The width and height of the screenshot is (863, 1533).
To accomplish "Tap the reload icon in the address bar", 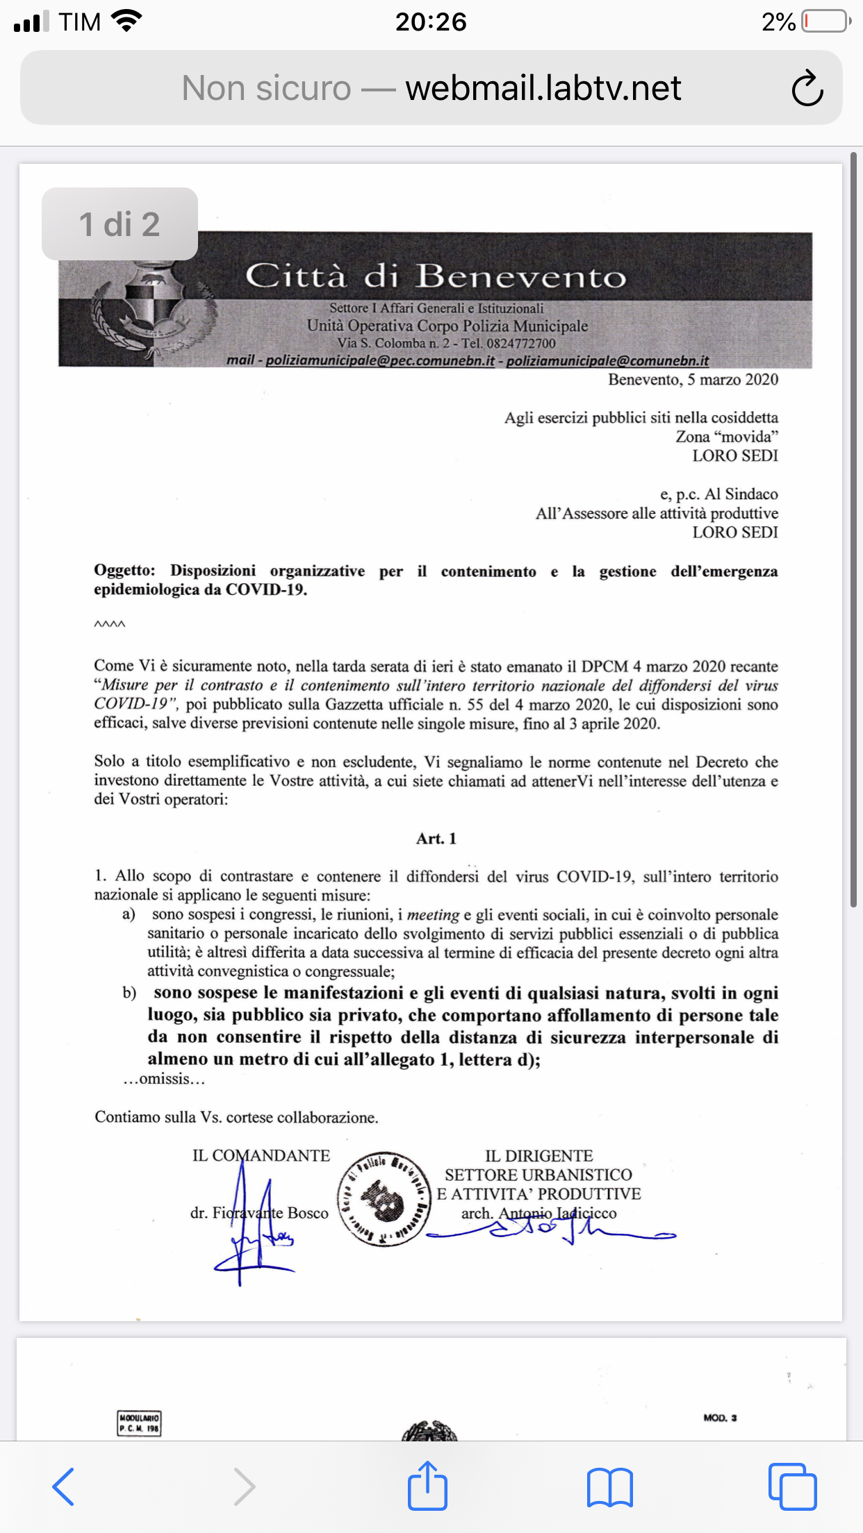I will tap(807, 88).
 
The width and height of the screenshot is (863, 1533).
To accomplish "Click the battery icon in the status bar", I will tap(825, 22).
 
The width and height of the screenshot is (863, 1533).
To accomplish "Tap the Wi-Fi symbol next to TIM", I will tap(126, 22).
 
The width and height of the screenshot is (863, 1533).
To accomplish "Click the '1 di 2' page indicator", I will tap(120, 224).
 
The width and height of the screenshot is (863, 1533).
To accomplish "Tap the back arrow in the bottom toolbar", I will tap(64, 1486).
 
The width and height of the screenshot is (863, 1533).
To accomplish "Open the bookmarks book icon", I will tap(609, 1486).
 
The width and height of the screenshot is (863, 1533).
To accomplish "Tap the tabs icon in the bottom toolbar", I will tap(792, 1486).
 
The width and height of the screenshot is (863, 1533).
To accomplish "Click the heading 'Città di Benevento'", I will tap(436, 276).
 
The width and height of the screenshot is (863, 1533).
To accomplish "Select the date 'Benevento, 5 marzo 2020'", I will tap(693, 380).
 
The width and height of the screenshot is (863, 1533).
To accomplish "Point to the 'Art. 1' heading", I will tap(436, 839).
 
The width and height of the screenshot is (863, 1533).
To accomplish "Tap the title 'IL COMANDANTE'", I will tap(261, 1156).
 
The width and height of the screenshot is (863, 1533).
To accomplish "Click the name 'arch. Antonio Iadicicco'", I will tap(539, 1214).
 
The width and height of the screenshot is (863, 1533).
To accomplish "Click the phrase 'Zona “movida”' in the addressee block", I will tap(727, 437).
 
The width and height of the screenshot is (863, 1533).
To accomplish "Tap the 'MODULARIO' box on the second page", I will tap(139, 1423).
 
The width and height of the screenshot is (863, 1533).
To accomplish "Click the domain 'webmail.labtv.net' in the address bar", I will tap(543, 88).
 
